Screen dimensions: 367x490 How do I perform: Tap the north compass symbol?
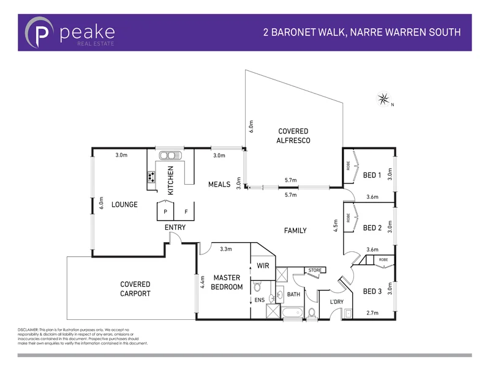[385, 98]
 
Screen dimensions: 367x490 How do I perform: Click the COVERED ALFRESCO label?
[293, 136]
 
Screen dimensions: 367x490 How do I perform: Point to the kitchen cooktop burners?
[151, 178]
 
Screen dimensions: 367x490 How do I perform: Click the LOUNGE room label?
[124, 204]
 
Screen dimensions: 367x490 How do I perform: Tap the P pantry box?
[164, 212]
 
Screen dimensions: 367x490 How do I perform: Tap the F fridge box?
[186, 212]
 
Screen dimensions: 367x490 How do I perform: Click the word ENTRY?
[175, 228]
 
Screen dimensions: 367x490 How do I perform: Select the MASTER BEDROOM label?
[227, 282]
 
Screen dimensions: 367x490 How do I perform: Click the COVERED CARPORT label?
[135, 289]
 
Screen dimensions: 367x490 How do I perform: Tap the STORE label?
[315, 270]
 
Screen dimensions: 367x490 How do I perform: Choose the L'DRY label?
[337, 302]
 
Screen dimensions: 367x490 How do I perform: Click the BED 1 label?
[372, 176]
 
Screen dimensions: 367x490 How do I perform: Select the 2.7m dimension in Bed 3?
[371, 313]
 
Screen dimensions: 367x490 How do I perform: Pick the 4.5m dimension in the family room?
[336, 226]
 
